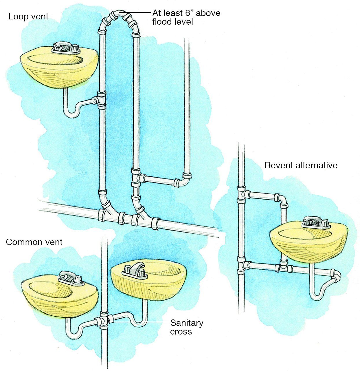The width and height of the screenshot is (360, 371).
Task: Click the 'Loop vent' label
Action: tap(28, 17)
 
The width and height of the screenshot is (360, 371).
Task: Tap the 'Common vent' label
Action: tap(34, 242)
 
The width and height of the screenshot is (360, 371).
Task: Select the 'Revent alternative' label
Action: tap(301, 165)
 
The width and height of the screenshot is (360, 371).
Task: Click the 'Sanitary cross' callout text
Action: tap(186, 327)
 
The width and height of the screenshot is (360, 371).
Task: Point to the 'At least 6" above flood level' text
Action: tap(186, 17)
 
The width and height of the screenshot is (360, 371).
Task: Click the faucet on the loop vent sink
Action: tap(65, 48)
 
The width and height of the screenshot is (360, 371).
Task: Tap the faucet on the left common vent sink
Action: tap(71, 278)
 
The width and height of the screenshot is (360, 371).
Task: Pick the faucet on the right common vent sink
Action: tap(134, 270)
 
